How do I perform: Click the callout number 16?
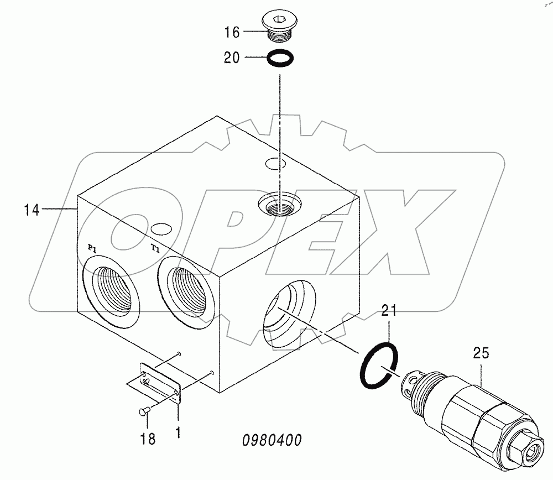coord(232,33)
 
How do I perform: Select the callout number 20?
coord(232,58)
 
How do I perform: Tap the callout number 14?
coord(32,210)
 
